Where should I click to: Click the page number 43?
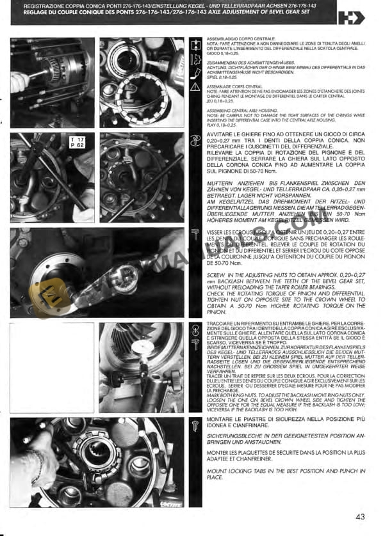[361, 516]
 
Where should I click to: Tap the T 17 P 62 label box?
[78, 143]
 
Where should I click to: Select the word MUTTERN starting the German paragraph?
[221, 182]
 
